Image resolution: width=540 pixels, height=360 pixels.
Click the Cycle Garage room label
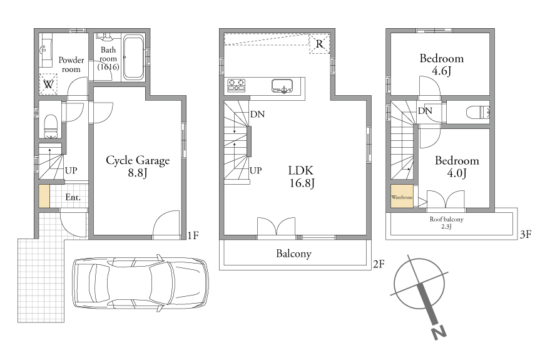138,166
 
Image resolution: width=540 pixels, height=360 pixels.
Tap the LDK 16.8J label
302,177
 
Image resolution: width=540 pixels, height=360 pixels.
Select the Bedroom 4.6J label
442,64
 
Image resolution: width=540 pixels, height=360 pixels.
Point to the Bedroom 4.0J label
457,167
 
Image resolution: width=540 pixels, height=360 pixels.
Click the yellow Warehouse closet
402,197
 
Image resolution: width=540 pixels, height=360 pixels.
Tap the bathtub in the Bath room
134,57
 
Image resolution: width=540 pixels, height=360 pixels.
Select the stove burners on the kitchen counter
237,85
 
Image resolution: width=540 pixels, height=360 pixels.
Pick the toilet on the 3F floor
477,112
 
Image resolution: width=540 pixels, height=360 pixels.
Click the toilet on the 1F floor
51,126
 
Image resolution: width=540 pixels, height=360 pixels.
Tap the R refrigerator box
320,43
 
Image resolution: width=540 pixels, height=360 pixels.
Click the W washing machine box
48,84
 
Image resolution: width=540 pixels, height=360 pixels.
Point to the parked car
140,282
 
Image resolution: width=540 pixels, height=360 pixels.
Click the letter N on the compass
439,332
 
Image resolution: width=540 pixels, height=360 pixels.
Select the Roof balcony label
446,222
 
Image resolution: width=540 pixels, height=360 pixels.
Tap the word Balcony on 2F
293,254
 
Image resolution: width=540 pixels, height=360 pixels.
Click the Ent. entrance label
73,197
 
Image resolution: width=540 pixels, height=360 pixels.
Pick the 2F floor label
379,264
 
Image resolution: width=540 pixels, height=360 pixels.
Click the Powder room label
71,64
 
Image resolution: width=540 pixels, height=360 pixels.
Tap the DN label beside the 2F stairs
257,114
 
